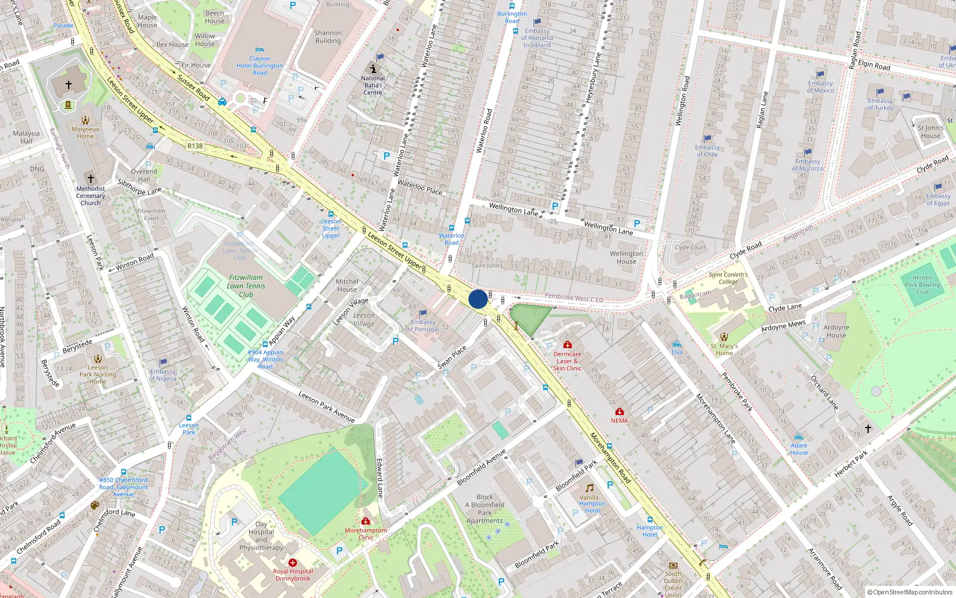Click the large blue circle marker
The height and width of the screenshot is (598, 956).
478,299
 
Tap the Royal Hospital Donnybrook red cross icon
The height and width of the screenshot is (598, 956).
293,563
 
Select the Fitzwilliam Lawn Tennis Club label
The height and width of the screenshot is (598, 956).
246,286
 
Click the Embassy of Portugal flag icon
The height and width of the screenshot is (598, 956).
423,313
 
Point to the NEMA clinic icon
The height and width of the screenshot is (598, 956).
620,411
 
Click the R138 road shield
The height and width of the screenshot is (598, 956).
195,146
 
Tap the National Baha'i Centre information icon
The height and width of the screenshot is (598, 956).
373,69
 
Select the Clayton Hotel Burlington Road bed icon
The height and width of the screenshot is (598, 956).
259,50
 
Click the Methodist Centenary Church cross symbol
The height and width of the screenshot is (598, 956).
91,179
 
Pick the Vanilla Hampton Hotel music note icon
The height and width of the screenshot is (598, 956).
590,488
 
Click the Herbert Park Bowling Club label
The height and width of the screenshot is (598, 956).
922,285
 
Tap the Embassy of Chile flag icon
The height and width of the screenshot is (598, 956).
707,138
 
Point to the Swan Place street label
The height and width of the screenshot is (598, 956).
452,358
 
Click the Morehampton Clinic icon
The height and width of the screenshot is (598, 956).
366,521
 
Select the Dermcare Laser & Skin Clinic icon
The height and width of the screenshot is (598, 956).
567,344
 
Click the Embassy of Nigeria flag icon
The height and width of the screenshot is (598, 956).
163,362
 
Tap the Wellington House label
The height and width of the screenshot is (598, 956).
626,257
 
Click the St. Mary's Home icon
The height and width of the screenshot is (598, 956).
724,337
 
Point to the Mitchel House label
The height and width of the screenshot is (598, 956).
347,285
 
